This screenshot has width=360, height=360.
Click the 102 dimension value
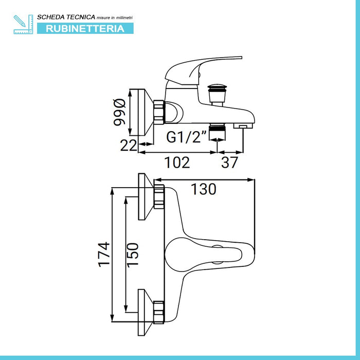tap(177, 163)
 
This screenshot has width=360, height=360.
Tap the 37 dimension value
tap(229, 163)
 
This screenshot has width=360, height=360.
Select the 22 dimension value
tap(129, 146)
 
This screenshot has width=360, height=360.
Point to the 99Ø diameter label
tap(120, 112)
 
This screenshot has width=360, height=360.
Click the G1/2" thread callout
tap(186, 137)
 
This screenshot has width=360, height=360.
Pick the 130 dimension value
tap(204, 189)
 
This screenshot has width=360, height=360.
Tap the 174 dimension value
tap(104, 255)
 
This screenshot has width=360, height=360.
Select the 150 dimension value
tap(133, 255)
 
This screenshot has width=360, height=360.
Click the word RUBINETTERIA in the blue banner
tap(85, 29)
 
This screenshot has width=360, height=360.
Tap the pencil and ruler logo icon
tap(24, 24)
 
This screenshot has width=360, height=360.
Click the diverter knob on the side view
tap(217, 95)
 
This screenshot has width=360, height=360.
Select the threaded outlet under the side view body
tap(217, 132)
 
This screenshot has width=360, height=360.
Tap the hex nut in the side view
tap(159, 112)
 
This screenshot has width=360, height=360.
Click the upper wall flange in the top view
tap(146, 196)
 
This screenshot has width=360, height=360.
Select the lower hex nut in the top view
tap(159, 312)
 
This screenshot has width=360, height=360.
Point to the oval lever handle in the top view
tap(204, 255)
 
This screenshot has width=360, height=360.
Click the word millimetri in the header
tap(124, 17)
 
